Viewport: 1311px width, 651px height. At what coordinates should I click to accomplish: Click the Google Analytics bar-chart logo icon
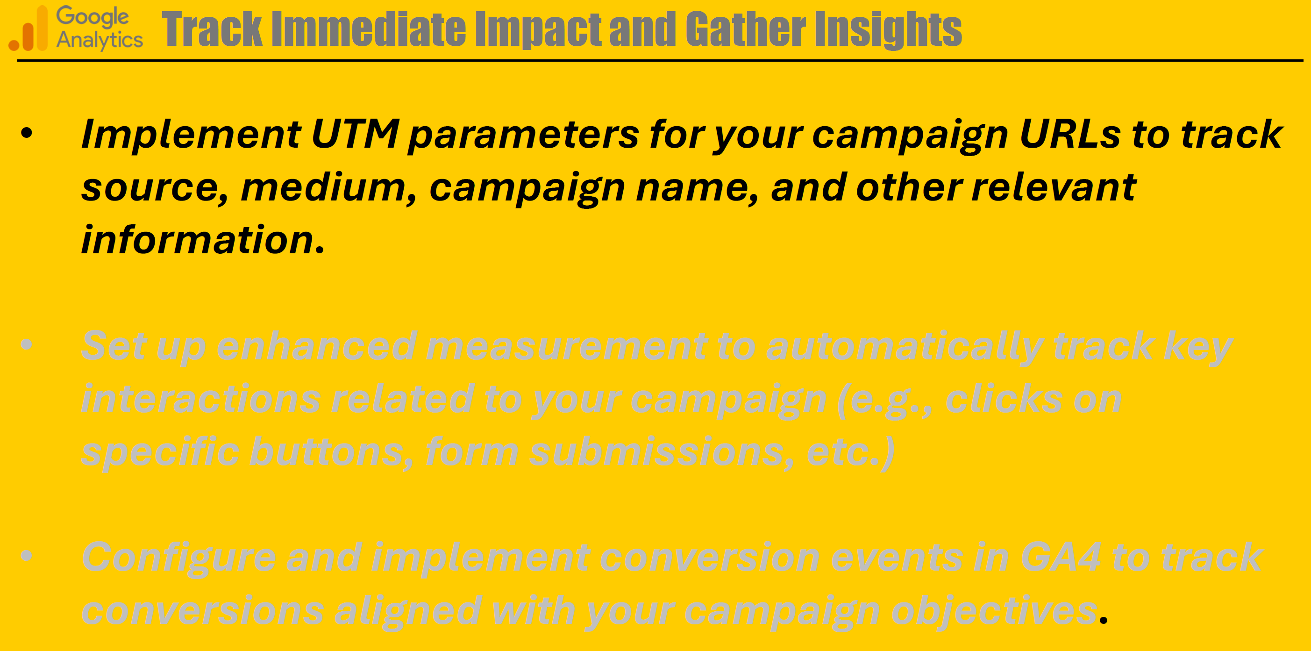tap(28, 29)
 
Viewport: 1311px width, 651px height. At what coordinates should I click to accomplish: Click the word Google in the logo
tap(93, 17)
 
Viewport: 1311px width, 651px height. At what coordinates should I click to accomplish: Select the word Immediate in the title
tap(369, 29)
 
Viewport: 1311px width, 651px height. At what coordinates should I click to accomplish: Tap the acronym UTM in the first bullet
tap(355, 134)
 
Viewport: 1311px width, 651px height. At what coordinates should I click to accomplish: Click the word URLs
tap(1070, 134)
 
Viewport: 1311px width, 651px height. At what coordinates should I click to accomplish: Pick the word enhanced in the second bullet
tap(317, 347)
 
